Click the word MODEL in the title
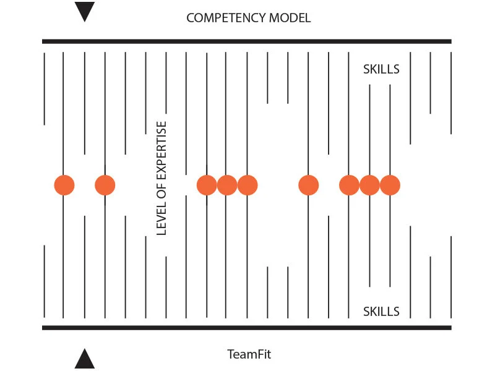coord(290,18)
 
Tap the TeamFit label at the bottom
coord(249,355)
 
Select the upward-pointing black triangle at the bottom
coord(85,359)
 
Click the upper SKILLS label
coord(381,69)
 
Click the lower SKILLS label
coord(381,311)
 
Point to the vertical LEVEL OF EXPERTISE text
coord(162,178)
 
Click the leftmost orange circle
coord(64,185)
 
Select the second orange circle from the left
coord(105,185)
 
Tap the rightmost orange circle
coord(390,185)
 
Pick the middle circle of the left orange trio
coord(226,185)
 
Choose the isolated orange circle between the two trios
coord(308,185)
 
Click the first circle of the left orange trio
coord(207,185)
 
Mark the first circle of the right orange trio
coord(350,185)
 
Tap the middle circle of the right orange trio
coord(369,185)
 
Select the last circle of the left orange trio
coord(247,185)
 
